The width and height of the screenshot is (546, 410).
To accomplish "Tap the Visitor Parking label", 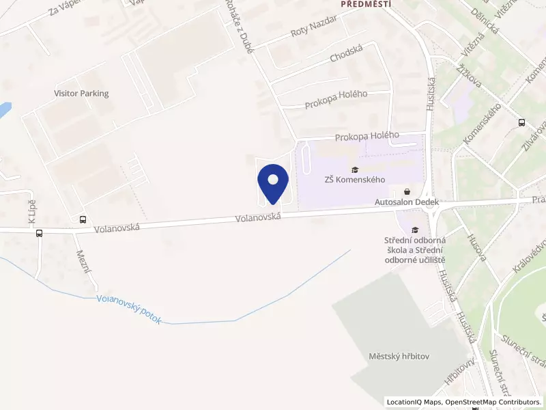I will pyautogui.click(x=81, y=94).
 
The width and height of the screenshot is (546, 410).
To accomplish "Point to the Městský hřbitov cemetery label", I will pyautogui.click(x=399, y=357).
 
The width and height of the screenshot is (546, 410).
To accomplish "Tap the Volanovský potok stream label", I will pyautogui.click(x=129, y=310).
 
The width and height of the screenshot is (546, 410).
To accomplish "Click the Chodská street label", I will pyautogui.click(x=345, y=56).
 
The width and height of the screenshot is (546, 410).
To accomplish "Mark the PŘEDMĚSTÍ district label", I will pyautogui.click(x=366, y=3).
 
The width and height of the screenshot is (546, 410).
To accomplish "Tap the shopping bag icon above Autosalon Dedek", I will pyautogui.click(x=408, y=192).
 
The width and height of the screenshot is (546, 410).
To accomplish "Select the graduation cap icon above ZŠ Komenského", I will pyautogui.click(x=354, y=169).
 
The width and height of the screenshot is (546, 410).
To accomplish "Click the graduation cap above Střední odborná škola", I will pyautogui.click(x=415, y=229).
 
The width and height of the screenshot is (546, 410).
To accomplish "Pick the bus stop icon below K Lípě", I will pyautogui.click(x=39, y=232).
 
